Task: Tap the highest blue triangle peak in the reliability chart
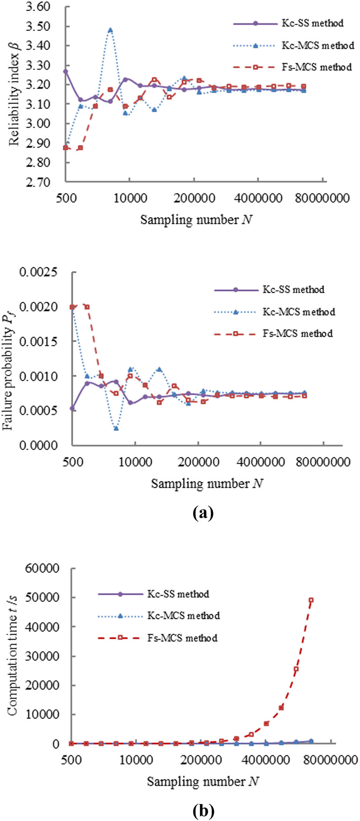click(110, 30)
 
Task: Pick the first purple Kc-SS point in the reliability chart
click(66, 71)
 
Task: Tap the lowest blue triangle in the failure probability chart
click(116, 428)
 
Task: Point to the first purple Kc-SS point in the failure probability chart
click(72, 408)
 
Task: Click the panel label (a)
click(203, 513)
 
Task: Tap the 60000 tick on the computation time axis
click(42, 568)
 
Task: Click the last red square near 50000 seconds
click(311, 600)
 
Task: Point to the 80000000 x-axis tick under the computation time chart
click(325, 760)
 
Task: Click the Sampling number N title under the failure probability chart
click(207, 483)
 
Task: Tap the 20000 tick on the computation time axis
click(42, 685)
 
